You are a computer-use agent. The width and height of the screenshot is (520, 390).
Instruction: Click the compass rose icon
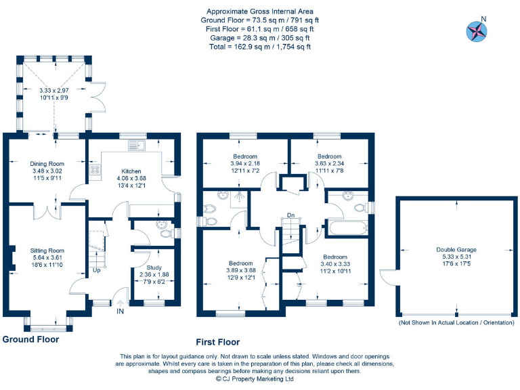(x=476, y=30)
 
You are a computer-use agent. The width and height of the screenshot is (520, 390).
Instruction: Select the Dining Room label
(x=47, y=163)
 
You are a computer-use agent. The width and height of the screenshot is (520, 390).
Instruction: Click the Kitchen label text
(x=131, y=171)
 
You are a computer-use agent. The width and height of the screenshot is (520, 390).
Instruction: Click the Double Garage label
(x=456, y=249)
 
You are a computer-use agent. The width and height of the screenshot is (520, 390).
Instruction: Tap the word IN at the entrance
(x=121, y=311)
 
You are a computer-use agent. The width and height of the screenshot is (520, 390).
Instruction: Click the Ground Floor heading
(x=30, y=340)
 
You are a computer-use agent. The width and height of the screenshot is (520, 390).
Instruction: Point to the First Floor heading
(x=218, y=343)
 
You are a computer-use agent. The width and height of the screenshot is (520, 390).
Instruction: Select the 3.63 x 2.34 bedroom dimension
(x=330, y=163)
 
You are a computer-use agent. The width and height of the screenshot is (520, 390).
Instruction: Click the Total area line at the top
(x=260, y=47)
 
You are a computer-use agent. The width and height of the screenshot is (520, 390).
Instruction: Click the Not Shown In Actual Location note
(x=456, y=324)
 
